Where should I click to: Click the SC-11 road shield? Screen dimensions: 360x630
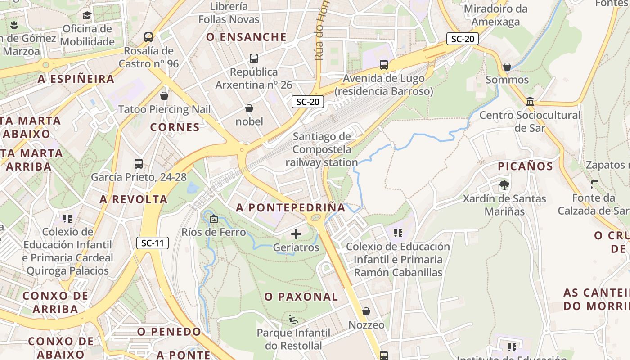(x=153, y=243)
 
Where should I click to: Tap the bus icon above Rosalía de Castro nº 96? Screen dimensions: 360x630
(x=148, y=37)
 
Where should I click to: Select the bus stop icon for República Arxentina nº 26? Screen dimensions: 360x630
(x=254, y=58)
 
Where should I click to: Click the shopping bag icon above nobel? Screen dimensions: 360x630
(x=249, y=108)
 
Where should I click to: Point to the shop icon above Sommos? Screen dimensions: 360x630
(x=507, y=67)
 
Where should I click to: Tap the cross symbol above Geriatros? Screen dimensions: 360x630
(x=296, y=234)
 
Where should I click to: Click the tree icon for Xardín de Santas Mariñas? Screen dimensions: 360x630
(x=504, y=185)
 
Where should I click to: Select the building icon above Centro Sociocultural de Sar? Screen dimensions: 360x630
(x=530, y=102)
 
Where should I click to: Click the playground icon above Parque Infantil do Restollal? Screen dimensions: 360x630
(x=293, y=319)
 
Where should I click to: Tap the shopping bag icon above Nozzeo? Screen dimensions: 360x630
(x=366, y=311)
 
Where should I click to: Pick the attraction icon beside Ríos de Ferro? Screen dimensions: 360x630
(x=213, y=219)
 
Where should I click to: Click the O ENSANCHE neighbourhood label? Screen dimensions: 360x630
(x=247, y=37)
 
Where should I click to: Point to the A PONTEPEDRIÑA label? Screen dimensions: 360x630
(x=291, y=207)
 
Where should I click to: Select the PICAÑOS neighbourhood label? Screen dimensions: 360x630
(x=525, y=166)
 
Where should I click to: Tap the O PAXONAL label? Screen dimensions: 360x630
(x=301, y=297)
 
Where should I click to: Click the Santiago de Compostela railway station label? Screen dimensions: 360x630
(x=322, y=149)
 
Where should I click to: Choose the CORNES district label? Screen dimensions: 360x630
(x=175, y=127)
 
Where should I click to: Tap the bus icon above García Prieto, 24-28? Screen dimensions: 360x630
(x=139, y=164)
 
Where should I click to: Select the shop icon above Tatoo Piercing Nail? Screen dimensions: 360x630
(x=164, y=96)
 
